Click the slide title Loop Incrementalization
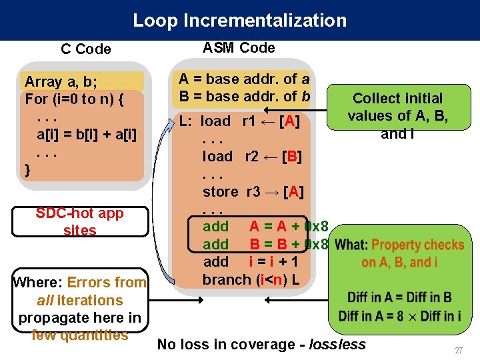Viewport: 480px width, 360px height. [x=239, y=20]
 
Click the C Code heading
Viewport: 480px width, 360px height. [x=85, y=49]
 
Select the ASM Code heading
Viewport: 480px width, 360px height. [x=238, y=47]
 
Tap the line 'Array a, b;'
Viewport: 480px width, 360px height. [x=60, y=82]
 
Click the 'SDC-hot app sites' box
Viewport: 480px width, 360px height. [x=79, y=221]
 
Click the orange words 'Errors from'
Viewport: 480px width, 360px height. [x=107, y=282]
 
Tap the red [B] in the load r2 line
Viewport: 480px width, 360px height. [x=291, y=157]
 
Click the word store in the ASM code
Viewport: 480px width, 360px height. [x=220, y=192]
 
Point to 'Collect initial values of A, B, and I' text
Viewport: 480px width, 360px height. [x=397, y=116]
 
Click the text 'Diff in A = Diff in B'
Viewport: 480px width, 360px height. [x=399, y=297]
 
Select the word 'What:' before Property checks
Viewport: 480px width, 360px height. [x=352, y=245]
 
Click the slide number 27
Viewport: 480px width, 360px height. [x=458, y=351]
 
